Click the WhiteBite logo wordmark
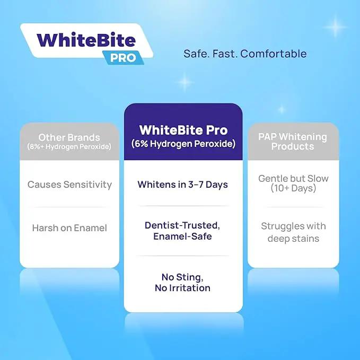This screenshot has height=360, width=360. (86, 40)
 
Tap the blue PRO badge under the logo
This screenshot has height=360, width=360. (124, 58)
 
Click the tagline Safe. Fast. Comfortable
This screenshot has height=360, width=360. (245, 54)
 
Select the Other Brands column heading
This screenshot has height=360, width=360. (69, 137)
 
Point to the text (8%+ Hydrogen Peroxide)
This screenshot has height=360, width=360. (69, 146)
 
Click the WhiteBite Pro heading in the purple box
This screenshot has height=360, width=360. (183, 130)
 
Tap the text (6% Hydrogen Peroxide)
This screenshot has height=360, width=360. (183, 144)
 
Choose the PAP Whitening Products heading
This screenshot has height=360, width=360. (293, 142)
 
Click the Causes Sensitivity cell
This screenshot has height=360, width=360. (69, 185)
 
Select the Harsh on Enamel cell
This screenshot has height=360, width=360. (69, 228)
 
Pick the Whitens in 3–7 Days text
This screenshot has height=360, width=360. (183, 185)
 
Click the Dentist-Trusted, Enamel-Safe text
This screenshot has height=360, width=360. (182, 231)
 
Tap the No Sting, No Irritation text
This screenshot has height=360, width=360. (182, 283)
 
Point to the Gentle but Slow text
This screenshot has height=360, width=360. (293, 178)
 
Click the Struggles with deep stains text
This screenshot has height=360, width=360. (293, 232)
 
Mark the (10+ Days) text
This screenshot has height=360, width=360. (293, 188)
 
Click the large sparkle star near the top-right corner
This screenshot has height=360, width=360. (335, 27)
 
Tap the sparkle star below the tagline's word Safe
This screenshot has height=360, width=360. (185, 82)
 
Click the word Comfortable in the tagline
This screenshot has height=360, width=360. (274, 54)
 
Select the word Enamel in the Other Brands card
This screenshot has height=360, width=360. (91, 228)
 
